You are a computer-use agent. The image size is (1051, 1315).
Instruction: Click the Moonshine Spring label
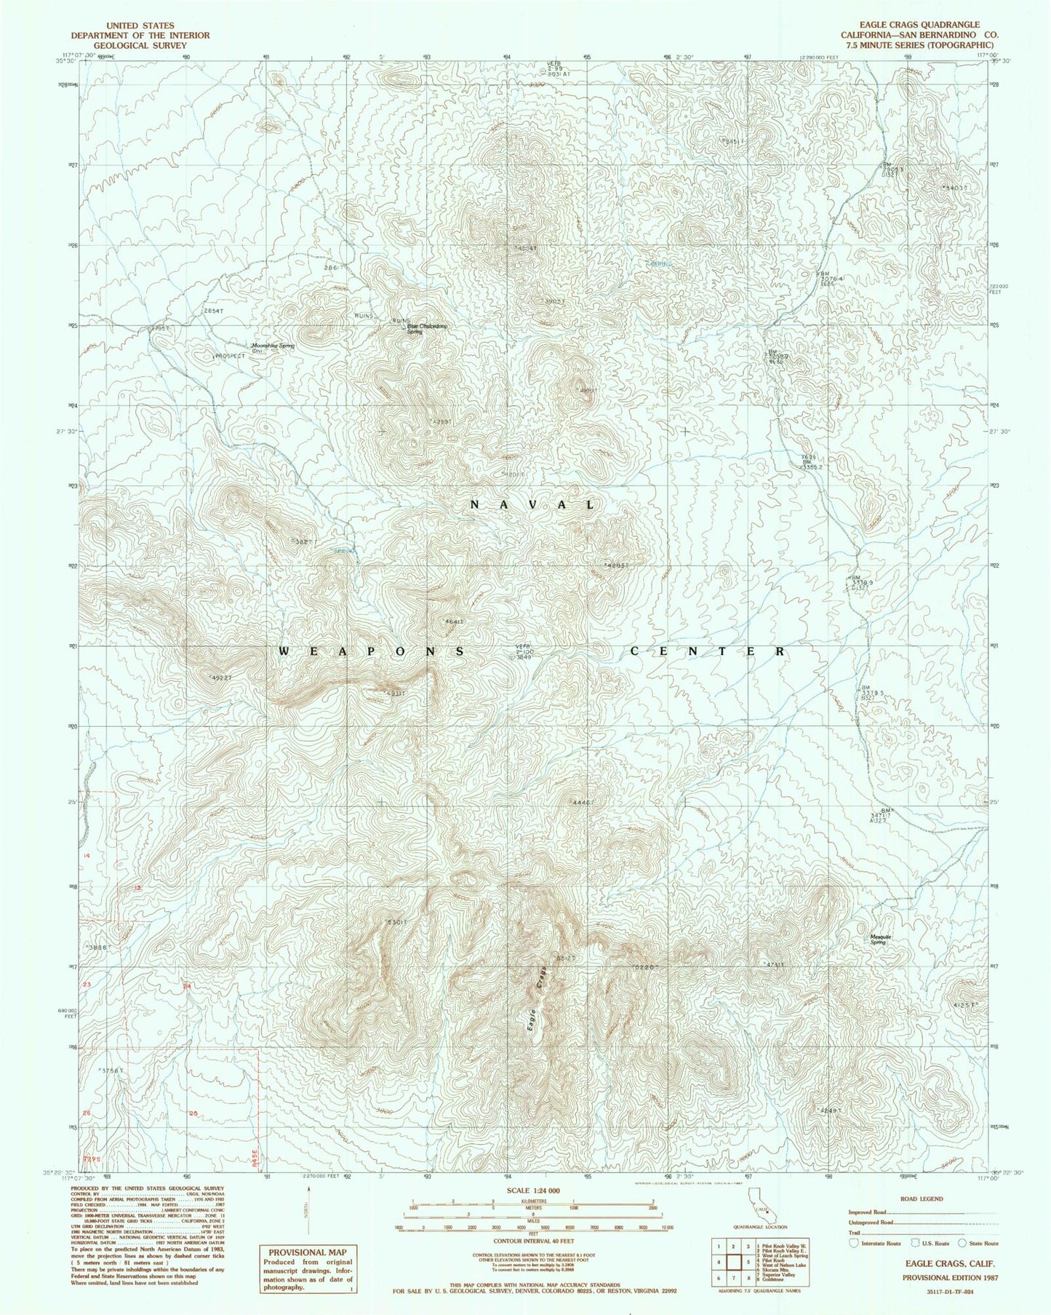click(273, 346)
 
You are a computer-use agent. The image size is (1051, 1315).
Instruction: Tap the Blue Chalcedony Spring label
click(426, 328)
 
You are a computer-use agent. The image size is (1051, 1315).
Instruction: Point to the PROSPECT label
click(231, 356)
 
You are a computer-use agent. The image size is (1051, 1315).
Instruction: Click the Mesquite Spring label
click(880, 939)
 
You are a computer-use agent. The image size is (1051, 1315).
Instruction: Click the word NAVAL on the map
click(533, 504)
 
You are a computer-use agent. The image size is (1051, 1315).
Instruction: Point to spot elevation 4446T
click(583, 802)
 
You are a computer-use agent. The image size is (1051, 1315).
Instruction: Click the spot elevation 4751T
click(775, 965)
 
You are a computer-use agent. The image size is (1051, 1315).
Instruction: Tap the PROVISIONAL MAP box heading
click(307, 1252)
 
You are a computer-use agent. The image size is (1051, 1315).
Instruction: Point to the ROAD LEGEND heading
click(921, 1199)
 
